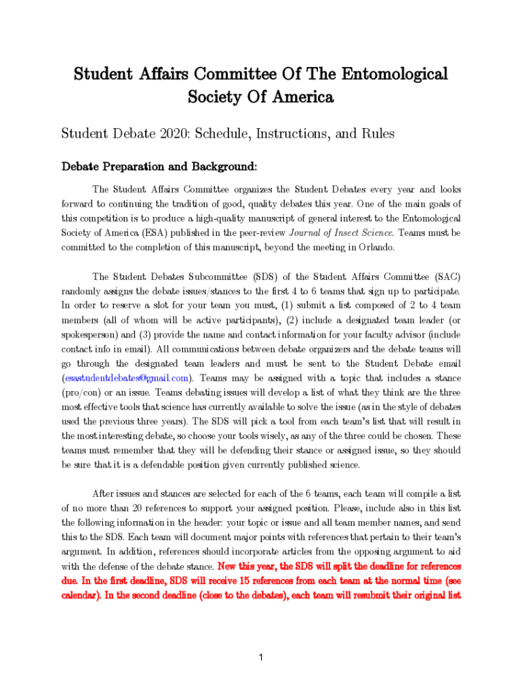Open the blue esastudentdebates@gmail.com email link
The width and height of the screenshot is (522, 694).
126,378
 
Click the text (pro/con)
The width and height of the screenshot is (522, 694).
83,392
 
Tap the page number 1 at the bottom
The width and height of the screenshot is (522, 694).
261,657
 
